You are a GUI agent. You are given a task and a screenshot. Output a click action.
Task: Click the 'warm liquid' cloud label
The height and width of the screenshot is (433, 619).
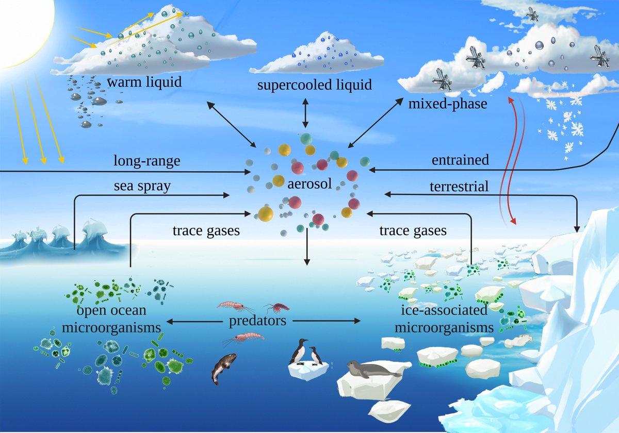[144, 82]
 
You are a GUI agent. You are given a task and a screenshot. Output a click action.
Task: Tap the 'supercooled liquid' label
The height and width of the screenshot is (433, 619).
[314, 85]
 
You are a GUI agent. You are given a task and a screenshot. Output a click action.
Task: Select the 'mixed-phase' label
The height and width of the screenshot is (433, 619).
[447, 104]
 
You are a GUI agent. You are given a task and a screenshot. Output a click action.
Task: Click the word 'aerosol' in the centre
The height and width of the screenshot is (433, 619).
[309, 183]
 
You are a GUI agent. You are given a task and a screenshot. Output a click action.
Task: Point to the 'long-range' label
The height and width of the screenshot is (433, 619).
[146, 161]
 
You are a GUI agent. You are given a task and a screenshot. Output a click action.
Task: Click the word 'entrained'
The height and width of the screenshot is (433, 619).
[460, 160]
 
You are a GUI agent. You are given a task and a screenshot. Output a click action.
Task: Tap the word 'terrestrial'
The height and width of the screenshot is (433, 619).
[459, 186]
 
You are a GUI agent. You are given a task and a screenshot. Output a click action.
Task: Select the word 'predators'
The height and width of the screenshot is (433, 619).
[257, 321]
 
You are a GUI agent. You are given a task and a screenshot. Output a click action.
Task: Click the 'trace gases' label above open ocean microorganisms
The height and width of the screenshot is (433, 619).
[206, 231]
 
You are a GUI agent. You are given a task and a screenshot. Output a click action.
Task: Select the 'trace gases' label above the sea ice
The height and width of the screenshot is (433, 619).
[413, 231]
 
